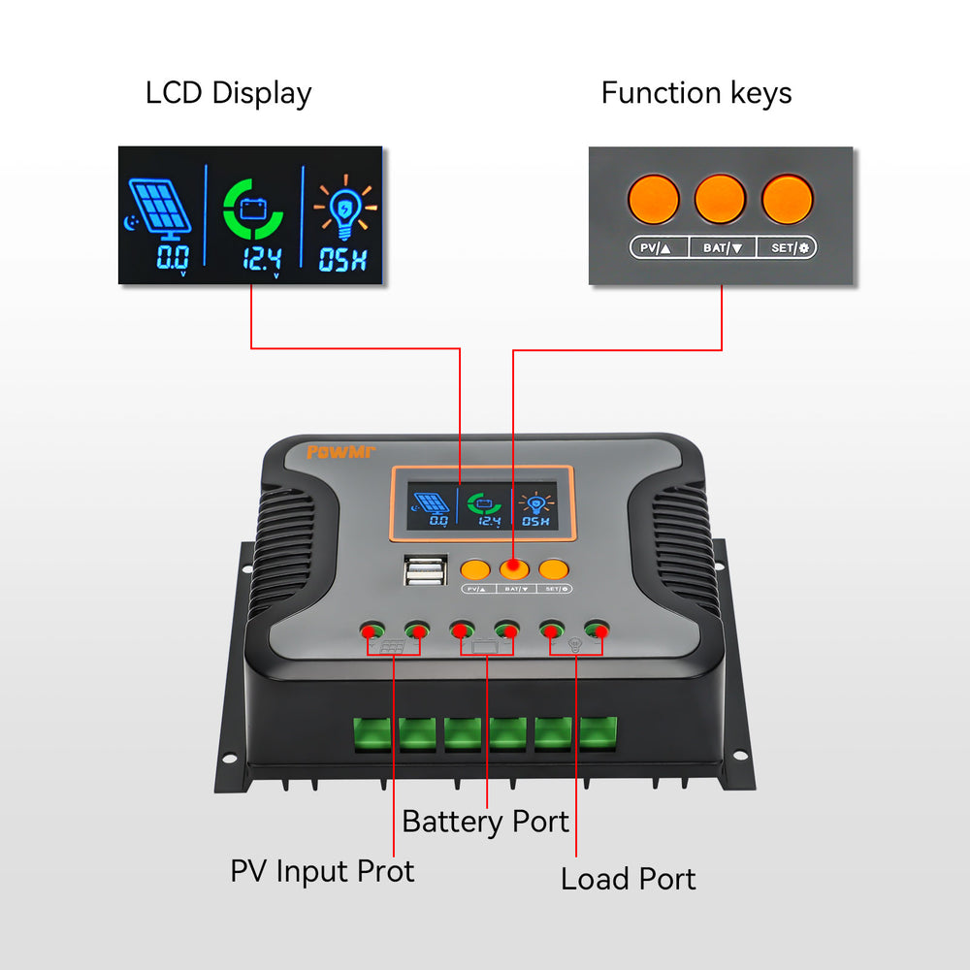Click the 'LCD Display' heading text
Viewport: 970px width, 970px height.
coord(228,94)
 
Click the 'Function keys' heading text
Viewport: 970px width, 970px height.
coord(695,93)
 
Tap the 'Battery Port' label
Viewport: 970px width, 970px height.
coord(485,822)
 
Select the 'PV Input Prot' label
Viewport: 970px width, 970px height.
coord(322,870)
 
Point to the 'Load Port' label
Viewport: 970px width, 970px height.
coord(628,879)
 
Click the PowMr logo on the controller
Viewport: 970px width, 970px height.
coord(334,452)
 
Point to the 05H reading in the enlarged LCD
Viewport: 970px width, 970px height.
coord(343,259)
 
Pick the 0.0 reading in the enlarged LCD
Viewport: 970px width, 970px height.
coord(173,258)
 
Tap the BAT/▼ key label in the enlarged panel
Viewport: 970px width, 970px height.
coord(723,248)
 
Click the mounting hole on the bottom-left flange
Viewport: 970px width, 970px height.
coord(231,758)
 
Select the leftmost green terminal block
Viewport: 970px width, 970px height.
coord(372,733)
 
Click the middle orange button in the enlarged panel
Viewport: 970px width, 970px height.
coord(720,200)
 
